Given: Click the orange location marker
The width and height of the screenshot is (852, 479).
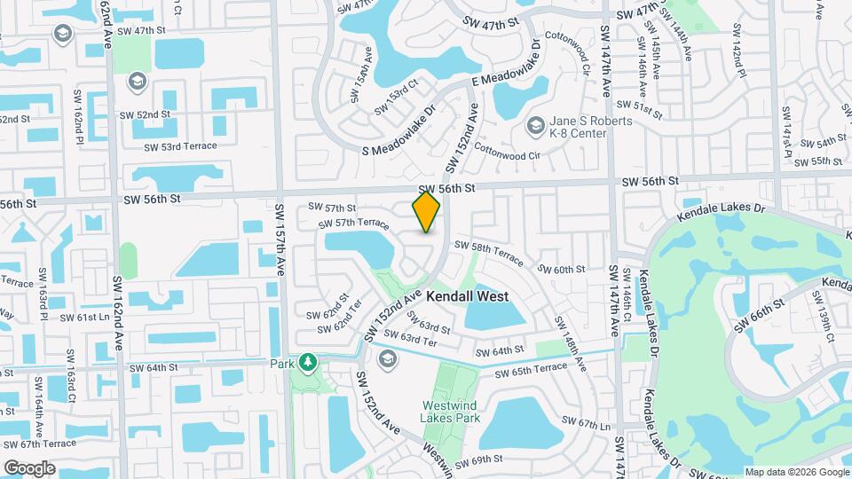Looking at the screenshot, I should click(x=427, y=212).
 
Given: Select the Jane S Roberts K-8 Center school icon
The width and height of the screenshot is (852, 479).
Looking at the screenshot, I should click(x=535, y=127).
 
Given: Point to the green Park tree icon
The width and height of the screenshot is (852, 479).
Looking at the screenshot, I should click(x=307, y=362).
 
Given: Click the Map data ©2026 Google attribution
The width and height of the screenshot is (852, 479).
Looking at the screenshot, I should click(x=797, y=472).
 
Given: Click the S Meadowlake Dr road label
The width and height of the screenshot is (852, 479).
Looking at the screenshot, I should click(x=399, y=130).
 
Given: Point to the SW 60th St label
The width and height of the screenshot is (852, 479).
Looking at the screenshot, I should click(x=563, y=269).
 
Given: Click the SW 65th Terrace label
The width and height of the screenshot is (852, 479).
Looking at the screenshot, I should click(x=532, y=368).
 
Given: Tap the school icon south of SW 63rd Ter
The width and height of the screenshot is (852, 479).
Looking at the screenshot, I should click(x=387, y=358).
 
